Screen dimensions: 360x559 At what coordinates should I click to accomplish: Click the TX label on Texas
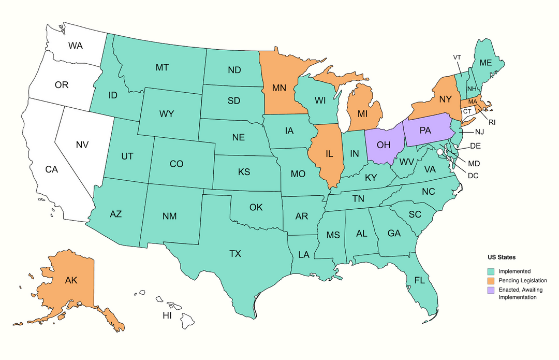coord(235,253)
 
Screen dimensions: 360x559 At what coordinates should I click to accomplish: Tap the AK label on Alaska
coord(71,280)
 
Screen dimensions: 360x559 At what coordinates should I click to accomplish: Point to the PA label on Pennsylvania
coord(425,131)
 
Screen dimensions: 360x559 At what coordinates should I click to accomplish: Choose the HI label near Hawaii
coord(167,315)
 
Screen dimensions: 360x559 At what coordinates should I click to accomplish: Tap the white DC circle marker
coord(439,152)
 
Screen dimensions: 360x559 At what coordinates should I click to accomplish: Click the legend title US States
coord(501,257)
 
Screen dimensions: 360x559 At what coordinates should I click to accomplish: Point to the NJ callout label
coord(479,132)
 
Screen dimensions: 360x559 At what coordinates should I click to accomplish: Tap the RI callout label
coord(492,123)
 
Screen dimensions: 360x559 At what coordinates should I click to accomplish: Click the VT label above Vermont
coord(457,57)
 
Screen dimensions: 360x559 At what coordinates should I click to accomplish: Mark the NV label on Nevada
coord(82,145)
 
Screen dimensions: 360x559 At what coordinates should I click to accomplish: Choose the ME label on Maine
coord(486,63)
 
